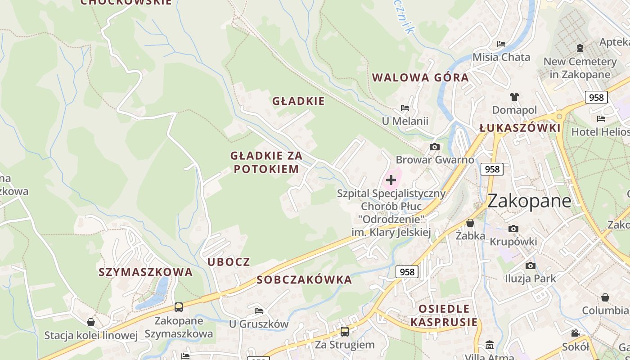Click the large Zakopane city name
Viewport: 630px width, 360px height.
pyautogui.click(x=529, y=201)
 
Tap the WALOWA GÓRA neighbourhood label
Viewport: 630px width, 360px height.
pyautogui.click(x=420, y=77)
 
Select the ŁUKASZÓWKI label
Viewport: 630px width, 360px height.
pyautogui.click(x=520, y=128)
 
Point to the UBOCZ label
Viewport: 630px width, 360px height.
pyautogui.click(x=229, y=262)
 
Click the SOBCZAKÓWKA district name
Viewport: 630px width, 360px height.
pyautogui.click(x=304, y=280)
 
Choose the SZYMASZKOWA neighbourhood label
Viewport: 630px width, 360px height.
pyautogui.click(x=145, y=272)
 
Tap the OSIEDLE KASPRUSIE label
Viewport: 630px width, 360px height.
pyautogui.click(x=444, y=315)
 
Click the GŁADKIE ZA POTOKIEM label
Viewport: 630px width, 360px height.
pyautogui.click(x=266, y=162)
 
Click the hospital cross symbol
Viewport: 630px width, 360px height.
pyautogui.click(x=391, y=180)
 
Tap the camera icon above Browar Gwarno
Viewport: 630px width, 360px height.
pyautogui.click(x=434, y=147)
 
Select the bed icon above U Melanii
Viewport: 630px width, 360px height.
pyautogui.click(x=405, y=108)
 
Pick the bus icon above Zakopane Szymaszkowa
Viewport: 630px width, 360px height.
pyautogui.click(x=179, y=307)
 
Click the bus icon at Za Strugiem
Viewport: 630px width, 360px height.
pyautogui.click(x=344, y=332)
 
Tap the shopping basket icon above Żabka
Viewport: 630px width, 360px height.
pyautogui.click(x=470, y=223)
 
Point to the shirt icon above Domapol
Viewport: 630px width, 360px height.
pyautogui.click(x=514, y=96)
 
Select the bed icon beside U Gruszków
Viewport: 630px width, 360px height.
pyautogui.click(x=259, y=310)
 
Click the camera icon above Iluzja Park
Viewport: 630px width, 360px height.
pyautogui.click(x=531, y=265)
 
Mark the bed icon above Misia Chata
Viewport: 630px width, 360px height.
pyautogui.click(x=501, y=44)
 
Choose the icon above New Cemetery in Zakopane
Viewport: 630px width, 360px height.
pyautogui.click(x=580, y=48)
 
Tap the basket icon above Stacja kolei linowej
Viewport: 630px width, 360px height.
pyautogui.click(x=91, y=322)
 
